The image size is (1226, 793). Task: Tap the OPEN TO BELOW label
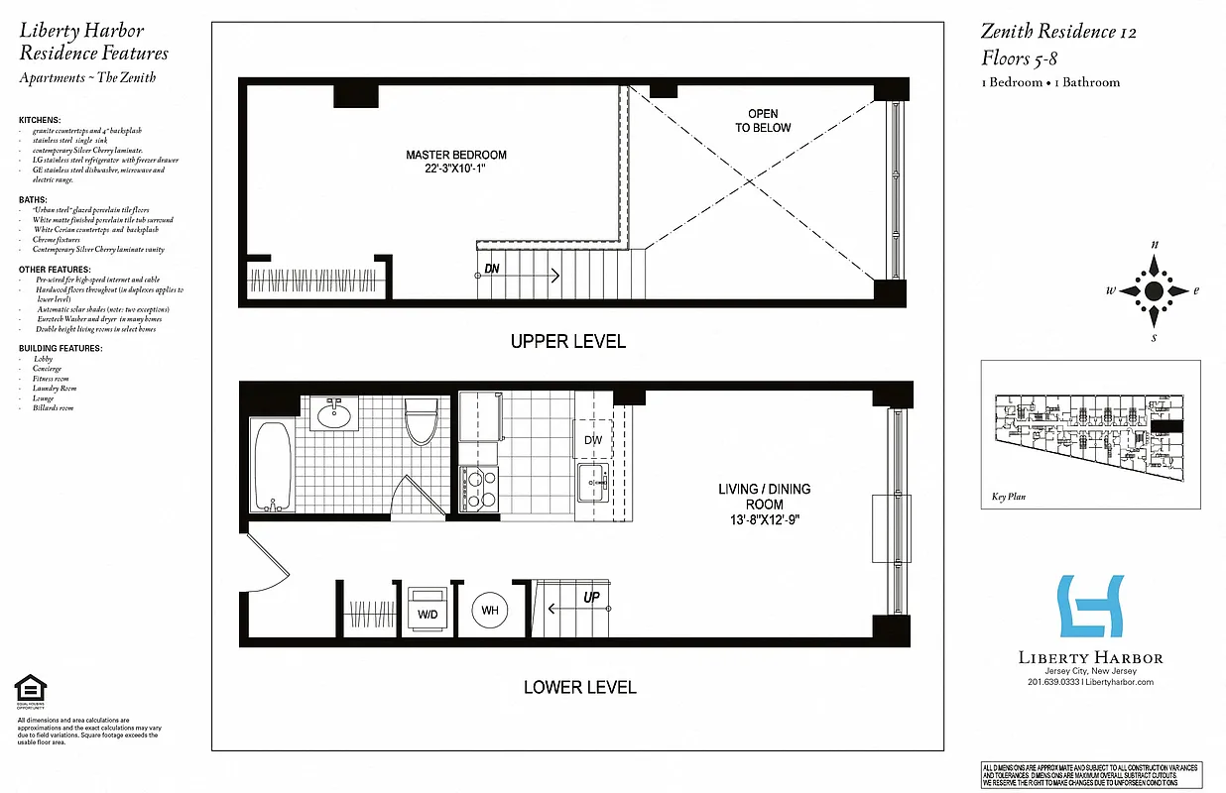click(763, 121)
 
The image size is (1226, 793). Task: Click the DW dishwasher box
click(593, 439)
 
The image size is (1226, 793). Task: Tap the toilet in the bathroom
click(422, 420)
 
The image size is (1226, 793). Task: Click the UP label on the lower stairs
click(590, 599)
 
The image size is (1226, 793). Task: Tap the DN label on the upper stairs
click(491, 270)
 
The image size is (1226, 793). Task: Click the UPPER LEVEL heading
click(567, 342)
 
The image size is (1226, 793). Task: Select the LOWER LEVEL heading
click(579, 687)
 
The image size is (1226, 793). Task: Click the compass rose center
click(1154, 290)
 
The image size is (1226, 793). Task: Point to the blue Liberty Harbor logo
click(1090, 607)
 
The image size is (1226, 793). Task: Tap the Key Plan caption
click(1007, 498)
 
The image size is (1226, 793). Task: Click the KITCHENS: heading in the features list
click(40, 120)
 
